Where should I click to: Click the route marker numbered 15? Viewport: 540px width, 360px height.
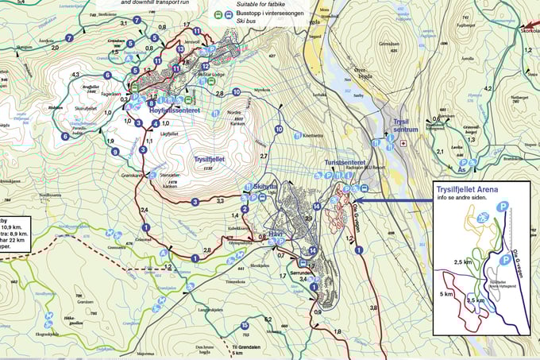pyautogui.click(x=245, y=325)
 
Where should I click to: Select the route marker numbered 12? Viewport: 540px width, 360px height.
pyautogui.click(x=205, y=66)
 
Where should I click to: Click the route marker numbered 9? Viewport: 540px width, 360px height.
pyautogui.click(x=115, y=152)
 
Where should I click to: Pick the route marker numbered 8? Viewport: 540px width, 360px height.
pyautogui.click(x=151, y=103)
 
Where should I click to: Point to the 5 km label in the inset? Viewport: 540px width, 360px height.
pyautogui.click(x=448, y=293)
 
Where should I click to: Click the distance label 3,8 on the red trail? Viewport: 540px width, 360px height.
pyautogui.click(x=373, y=307)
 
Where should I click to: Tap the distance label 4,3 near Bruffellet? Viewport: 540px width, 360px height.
pyautogui.click(x=76, y=75)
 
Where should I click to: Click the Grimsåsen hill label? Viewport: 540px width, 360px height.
pyautogui.click(x=389, y=45)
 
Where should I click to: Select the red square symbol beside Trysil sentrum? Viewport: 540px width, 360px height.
pyautogui.click(x=403, y=144)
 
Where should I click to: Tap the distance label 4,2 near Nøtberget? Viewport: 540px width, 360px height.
pyautogui.click(x=489, y=88)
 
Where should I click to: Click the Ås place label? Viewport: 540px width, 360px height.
pyautogui.click(x=461, y=169)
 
